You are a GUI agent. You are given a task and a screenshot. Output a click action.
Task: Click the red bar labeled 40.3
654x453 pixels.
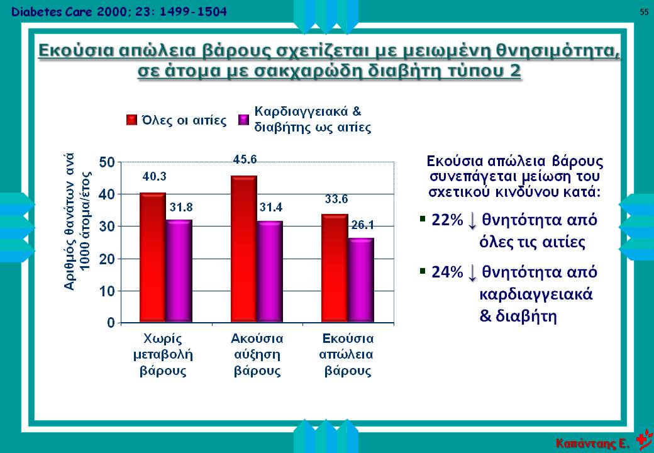pos(152,258)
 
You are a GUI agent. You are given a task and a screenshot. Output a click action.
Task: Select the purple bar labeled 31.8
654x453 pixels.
pos(179,271)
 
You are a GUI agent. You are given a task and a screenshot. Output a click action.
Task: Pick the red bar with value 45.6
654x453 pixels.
pos(243,249)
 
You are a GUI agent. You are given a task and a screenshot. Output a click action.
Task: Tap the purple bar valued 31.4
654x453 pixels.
pos(270,272)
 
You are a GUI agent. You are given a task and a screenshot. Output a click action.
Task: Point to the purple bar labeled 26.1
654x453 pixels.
pos(361,281)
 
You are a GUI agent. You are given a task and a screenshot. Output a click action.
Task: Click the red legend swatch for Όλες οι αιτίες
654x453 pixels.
pos(132,120)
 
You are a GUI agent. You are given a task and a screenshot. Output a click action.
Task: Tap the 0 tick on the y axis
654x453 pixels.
pos(111,323)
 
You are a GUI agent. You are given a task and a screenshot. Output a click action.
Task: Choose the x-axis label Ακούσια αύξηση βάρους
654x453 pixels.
pos(257,354)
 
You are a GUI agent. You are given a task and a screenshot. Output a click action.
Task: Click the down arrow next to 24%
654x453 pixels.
pos(473,272)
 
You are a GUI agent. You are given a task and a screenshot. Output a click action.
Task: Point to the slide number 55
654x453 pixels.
pos(644,12)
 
